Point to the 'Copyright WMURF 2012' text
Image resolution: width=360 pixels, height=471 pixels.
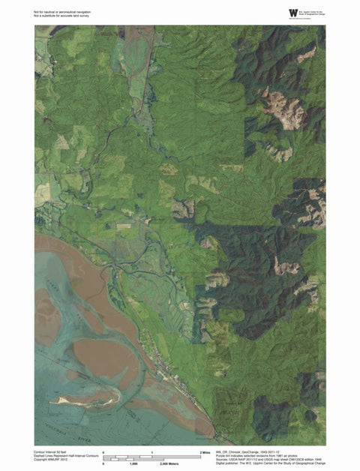pyautogui.click(x=49, y=460)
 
